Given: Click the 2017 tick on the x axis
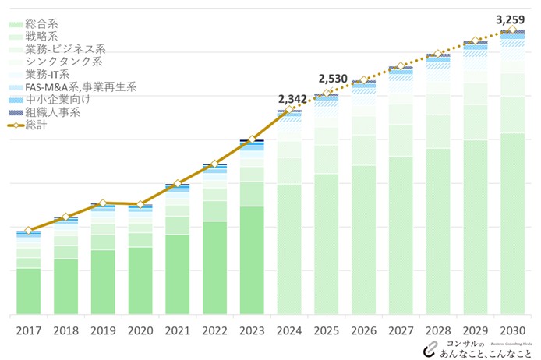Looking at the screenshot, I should tap(28, 330).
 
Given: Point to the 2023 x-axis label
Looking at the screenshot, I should tap(252, 330).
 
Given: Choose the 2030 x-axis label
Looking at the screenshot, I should tap(512, 330).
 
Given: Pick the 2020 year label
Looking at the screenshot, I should tap(140, 330).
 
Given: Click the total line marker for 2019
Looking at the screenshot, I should tap(103, 203).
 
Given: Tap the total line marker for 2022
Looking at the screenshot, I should tap(214, 164).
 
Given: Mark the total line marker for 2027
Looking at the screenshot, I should tap(401, 68).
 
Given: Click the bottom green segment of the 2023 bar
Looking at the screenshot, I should tap(252, 260).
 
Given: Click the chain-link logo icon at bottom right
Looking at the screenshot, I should tap(430, 348).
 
